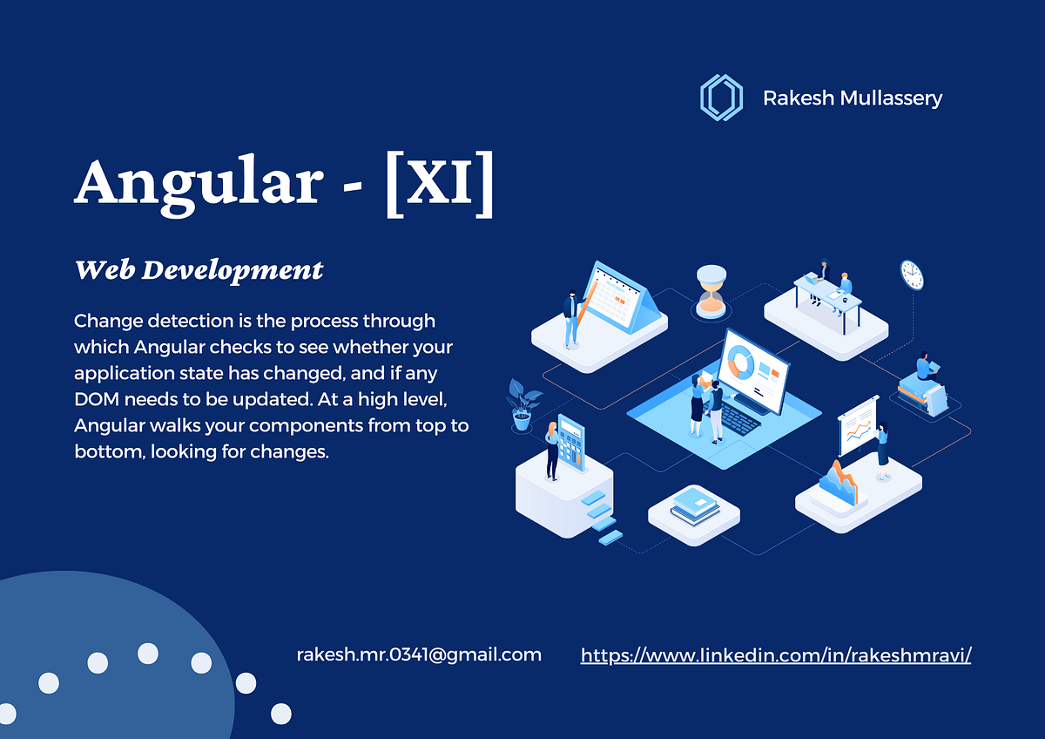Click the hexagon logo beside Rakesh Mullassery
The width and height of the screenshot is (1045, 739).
(721, 97)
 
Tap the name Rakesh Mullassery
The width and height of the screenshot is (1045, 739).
(852, 98)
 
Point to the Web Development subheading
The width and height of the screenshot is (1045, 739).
(199, 270)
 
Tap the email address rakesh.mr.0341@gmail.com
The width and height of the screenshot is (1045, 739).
(419, 654)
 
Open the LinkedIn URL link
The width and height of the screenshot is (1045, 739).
(775, 655)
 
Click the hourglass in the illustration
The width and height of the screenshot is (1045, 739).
(711, 290)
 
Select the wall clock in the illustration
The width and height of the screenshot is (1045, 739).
(911, 275)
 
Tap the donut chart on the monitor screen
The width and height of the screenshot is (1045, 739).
(742, 363)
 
